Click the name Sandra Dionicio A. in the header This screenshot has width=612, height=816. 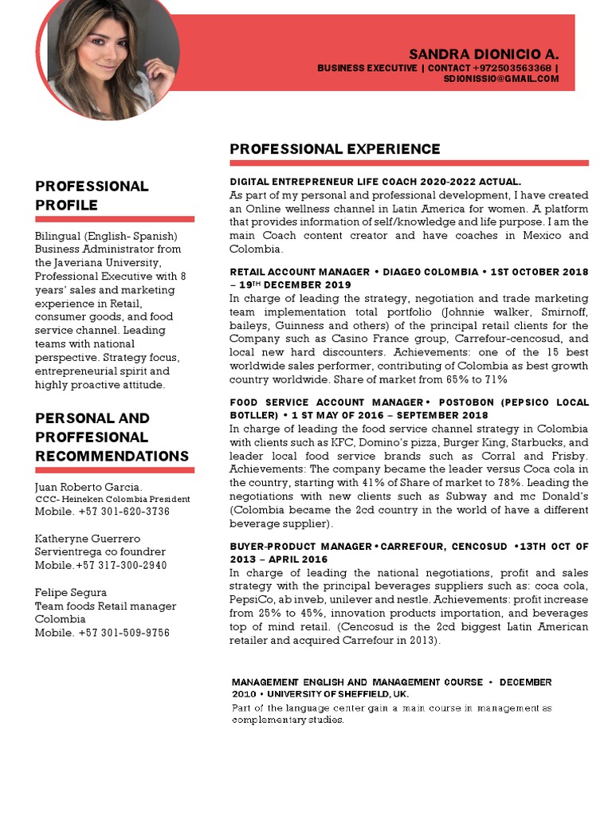point(484,54)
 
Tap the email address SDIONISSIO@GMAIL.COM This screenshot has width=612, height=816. point(501,79)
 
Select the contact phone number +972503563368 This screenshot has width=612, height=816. point(512,68)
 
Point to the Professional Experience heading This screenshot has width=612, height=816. point(335,149)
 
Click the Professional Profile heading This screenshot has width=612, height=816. point(92,195)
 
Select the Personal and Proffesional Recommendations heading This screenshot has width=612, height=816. point(112,437)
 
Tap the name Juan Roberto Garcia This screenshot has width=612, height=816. point(88,486)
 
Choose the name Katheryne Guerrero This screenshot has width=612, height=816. point(88,539)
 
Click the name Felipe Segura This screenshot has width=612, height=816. point(71,592)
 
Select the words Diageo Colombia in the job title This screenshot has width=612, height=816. point(431,272)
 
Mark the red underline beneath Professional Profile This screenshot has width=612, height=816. point(115,219)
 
